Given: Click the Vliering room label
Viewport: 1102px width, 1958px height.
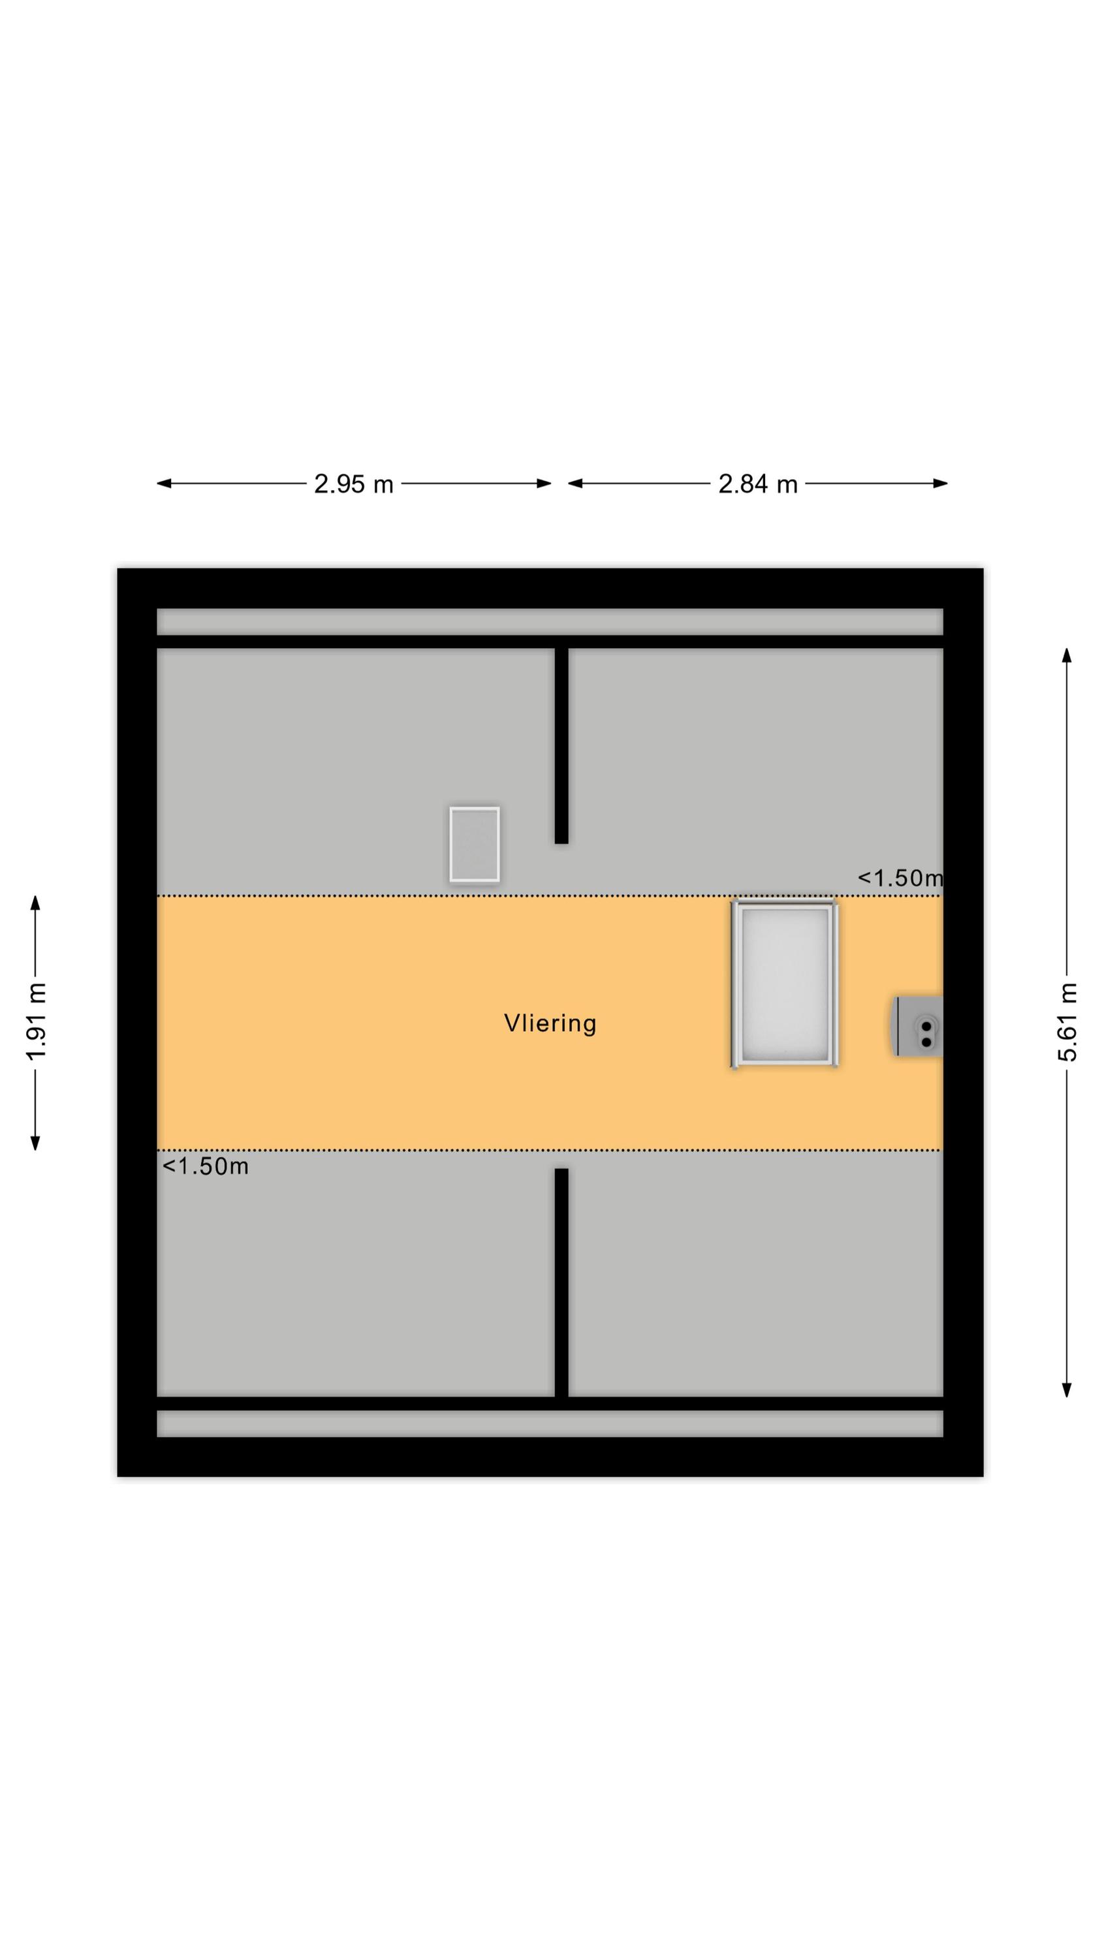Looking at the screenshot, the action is point(550,1023).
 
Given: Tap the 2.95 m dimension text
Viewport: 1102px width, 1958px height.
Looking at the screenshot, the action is point(354,484).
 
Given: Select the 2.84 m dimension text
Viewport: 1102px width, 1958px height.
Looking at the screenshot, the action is point(757,484).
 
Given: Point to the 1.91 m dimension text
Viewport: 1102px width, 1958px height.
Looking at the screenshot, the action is point(36,1021).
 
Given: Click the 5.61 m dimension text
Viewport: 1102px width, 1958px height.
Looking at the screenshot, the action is point(1067,1021).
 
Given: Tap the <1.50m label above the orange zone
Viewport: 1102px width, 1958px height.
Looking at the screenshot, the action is point(900,878).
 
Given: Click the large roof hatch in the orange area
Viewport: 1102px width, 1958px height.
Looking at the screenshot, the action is point(784,984).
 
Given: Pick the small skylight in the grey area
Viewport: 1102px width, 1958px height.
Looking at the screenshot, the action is point(475,845).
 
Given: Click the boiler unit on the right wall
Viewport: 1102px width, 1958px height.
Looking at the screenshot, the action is point(918,1026).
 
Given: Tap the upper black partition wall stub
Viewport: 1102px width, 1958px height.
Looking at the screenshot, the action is point(561,745).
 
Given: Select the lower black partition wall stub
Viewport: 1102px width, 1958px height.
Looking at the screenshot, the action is point(561,1282).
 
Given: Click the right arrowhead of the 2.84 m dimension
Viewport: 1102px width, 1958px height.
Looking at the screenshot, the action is point(940,484).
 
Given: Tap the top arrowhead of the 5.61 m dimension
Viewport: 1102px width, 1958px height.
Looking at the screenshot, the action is point(1067,655).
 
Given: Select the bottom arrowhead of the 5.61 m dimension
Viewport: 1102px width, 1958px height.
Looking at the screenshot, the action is point(1067,1390).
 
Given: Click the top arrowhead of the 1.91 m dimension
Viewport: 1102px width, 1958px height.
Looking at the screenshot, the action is point(35,903).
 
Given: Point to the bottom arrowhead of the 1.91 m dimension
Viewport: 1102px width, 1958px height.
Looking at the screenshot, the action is point(35,1142).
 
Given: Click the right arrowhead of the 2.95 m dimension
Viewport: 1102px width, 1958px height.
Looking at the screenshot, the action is point(544,484).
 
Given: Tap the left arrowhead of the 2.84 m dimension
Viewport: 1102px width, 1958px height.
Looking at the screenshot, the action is point(576,484).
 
